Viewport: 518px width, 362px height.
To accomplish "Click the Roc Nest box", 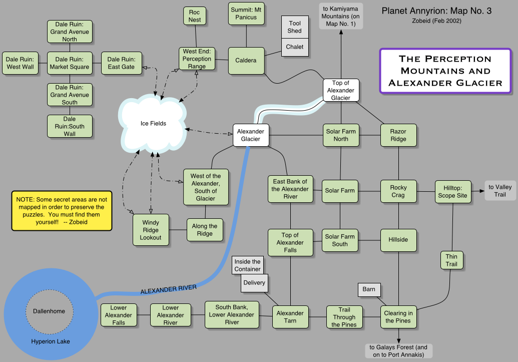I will pyautogui.click(x=195, y=16).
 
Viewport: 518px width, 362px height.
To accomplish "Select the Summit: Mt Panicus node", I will pyautogui.click(x=246, y=14).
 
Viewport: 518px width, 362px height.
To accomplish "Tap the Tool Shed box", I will pyautogui.click(x=295, y=27).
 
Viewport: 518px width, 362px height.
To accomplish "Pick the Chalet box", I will pyautogui.click(x=295, y=47).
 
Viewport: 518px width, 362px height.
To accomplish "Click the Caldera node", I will pyautogui.click(x=246, y=61).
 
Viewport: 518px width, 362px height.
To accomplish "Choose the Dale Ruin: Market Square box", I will pyautogui.click(x=70, y=63).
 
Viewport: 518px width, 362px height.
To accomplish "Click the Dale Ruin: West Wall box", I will pyautogui.click(x=21, y=63).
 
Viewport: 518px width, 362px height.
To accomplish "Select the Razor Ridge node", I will pyautogui.click(x=398, y=135).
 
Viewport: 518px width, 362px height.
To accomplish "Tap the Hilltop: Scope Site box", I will pyautogui.click(x=452, y=192).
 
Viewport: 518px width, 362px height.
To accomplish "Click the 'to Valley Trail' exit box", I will pyautogui.click(x=500, y=191).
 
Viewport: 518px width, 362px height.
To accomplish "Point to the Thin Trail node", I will pyautogui.click(x=452, y=260).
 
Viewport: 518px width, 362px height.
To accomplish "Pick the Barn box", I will pyautogui.click(x=369, y=289).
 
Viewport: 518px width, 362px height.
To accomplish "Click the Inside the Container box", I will pyautogui.click(x=247, y=265).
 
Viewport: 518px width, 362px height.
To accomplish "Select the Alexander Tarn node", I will pyautogui.click(x=290, y=317).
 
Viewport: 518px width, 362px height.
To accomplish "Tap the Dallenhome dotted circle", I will pyautogui.click(x=49, y=311).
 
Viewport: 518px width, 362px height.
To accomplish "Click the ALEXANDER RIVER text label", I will pyautogui.click(x=168, y=289).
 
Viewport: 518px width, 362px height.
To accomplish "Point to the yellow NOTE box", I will pyautogui.click(x=61, y=210).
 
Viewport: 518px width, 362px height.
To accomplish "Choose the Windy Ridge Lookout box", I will pyautogui.click(x=151, y=230).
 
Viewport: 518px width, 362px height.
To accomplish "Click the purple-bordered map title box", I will pyautogui.click(x=445, y=71).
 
